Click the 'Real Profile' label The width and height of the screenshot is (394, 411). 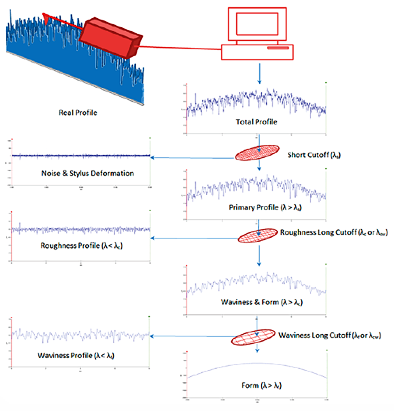coord(78,113)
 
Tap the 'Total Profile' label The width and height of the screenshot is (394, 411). coord(256,122)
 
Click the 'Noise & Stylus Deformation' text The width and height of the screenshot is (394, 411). coord(87,174)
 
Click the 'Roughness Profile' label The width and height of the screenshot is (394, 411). coord(82,245)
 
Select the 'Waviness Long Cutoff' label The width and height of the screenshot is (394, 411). coord(335,335)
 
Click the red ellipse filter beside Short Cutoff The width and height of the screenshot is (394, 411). coord(258,153)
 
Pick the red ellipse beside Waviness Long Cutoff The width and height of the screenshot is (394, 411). coord(253,337)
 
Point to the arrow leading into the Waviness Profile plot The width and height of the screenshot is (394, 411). coord(191,335)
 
